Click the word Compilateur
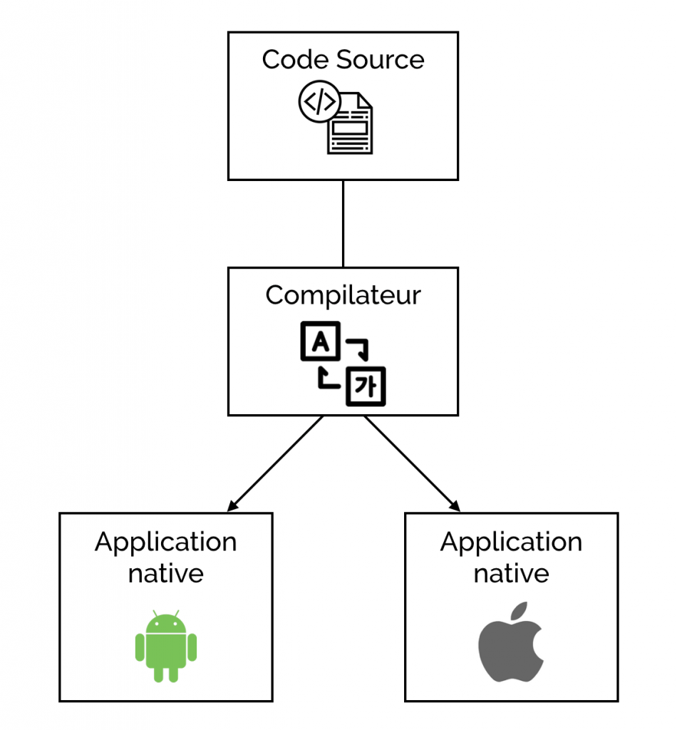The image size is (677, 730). tap(343, 294)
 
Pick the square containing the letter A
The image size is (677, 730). tap(321, 343)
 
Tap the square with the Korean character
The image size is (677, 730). tap(365, 386)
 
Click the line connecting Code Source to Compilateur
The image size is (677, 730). tap(343, 223)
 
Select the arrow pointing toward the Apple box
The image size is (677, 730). tap(412, 463)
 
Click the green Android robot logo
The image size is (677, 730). tap(165, 645)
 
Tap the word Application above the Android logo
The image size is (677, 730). tap(165, 543)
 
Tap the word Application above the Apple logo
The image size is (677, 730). tap(511, 543)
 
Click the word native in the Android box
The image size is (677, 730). tap(165, 573)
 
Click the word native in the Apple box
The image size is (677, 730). tap(511, 573)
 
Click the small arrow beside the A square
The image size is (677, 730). tap(359, 348)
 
